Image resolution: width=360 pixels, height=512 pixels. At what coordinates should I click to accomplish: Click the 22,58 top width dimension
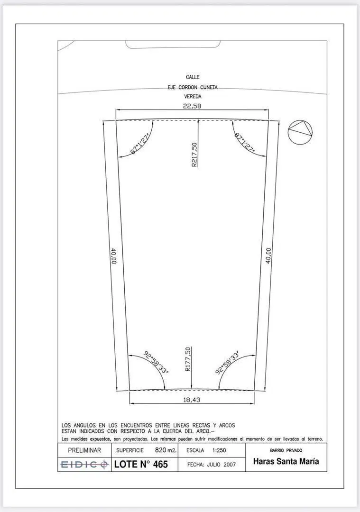192,106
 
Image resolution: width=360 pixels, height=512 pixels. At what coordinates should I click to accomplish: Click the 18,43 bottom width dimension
192,400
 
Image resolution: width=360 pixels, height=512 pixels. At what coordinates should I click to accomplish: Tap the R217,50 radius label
194,155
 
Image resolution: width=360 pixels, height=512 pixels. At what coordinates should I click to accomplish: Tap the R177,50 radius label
187,359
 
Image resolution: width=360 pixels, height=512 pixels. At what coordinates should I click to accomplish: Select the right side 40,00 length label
268,256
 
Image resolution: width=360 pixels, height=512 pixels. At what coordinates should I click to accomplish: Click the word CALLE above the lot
193,77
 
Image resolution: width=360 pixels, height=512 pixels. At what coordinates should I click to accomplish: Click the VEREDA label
193,97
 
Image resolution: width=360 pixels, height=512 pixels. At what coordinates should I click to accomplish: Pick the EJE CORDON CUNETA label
193,88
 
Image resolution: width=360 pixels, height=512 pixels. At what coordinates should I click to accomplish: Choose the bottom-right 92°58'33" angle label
228,362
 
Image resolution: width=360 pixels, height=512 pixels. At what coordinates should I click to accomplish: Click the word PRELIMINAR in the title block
84,450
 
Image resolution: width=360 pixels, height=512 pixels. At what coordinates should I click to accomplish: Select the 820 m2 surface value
166,450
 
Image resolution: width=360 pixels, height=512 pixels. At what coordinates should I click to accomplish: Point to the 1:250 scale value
219,450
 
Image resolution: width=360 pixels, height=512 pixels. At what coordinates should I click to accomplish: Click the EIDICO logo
84,464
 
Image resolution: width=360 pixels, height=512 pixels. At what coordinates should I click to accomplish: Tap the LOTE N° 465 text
141,464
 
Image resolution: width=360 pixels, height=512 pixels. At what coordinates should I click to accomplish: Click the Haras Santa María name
286,461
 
